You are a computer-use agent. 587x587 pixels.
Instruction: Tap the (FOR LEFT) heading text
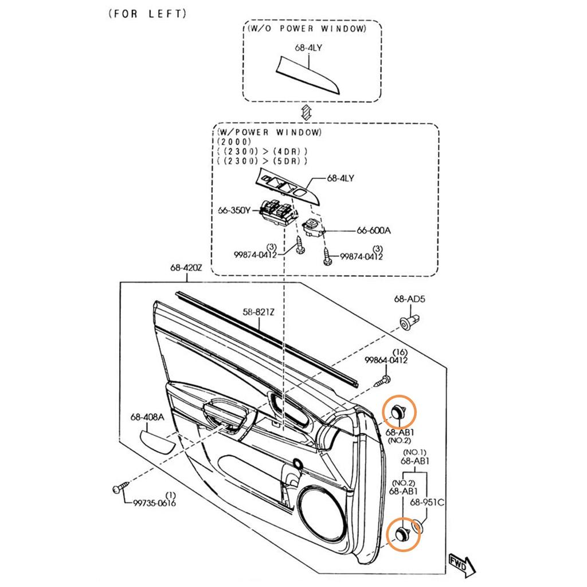(x=147, y=14)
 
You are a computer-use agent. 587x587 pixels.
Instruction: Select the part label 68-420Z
(x=186, y=268)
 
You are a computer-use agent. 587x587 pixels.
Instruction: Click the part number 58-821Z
(x=259, y=312)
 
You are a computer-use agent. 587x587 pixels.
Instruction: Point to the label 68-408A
(x=147, y=417)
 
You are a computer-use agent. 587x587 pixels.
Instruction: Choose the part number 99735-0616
(x=154, y=503)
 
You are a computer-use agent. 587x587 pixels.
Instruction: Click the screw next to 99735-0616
(x=120, y=488)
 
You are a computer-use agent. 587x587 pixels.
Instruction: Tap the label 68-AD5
(x=409, y=299)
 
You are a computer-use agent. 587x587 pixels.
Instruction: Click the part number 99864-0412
(x=386, y=360)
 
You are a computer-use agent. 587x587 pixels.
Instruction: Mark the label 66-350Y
(x=234, y=210)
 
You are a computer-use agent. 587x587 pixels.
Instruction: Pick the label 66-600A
(x=373, y=230)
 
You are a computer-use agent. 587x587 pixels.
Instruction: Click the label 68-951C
(x=427, y=502)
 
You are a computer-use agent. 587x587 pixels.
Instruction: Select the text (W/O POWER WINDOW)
(x=307, y=29)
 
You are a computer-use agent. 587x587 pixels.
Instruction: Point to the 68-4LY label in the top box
(x=308, y=48)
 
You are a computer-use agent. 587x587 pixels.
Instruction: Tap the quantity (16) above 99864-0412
(x=400, y=353)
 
